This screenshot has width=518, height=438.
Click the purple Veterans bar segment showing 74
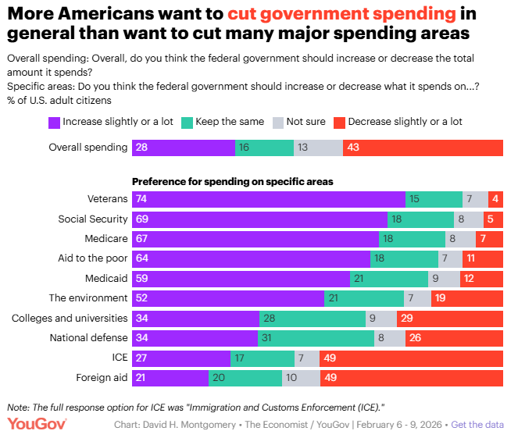pos(269,199)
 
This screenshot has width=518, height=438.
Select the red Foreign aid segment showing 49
pos(413,379)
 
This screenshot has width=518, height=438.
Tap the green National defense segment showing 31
pos(316,338)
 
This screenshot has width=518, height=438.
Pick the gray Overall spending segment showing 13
pos(318,148)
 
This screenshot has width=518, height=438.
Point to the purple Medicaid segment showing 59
pos(241,278)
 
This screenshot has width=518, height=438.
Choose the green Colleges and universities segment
pos(312,319)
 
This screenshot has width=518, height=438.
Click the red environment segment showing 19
pos(466,298)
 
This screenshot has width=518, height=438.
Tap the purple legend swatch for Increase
pos(54,122)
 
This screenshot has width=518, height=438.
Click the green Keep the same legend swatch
pos(188,122)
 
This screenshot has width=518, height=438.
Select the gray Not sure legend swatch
pos(277,122)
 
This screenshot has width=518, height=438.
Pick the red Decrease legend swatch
pos(339,122)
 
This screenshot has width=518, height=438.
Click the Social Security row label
pos(93,219)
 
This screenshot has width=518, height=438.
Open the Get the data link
pos(477,424)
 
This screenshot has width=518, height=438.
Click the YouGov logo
pos(38,424)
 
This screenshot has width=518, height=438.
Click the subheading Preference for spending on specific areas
pos(233,181)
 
